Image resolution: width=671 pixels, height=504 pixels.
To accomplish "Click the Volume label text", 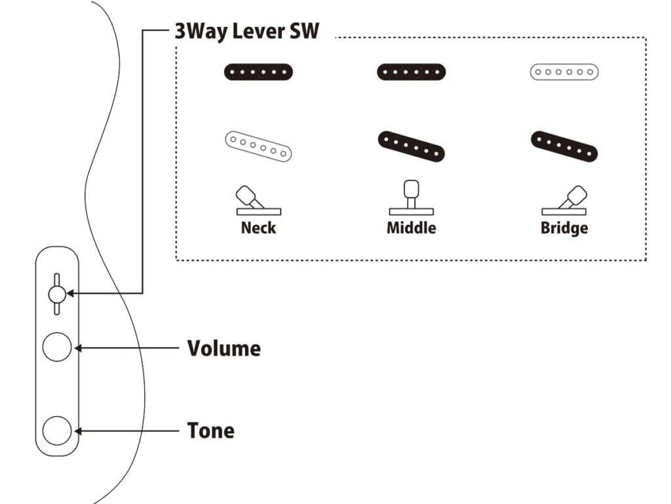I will [223, 348].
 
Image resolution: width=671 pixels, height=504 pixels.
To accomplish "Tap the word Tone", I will [210, 430].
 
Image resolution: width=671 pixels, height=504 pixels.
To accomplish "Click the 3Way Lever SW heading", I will [246, 31].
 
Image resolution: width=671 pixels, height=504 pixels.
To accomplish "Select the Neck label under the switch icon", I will [258, 228].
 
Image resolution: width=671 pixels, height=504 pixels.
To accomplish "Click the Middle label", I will [411, 228].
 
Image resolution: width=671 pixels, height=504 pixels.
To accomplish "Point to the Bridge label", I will [564, 228].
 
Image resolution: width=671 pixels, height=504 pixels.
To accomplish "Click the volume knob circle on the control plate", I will [56, 347].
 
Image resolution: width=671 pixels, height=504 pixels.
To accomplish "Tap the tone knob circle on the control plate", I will [56, 430].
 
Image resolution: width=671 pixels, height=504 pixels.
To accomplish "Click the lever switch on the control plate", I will [56, 293].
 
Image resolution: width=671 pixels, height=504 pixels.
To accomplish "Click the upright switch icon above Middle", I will [411, 197].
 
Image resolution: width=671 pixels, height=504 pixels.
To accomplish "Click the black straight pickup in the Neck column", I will [258, 72].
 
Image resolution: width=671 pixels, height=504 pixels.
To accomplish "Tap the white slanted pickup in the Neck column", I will [258, 146].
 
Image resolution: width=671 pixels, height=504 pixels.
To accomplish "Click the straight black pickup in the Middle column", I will [411, 72].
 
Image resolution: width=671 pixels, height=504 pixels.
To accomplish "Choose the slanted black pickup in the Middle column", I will [411, 146].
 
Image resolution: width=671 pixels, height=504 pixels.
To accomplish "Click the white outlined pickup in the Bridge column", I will [564, 72].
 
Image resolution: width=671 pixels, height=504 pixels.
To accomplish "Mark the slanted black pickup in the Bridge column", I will [564, 146].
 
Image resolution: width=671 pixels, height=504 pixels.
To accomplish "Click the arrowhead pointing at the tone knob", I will [78, 430].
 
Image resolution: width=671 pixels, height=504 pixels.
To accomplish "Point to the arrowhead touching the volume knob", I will [78, 348].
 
